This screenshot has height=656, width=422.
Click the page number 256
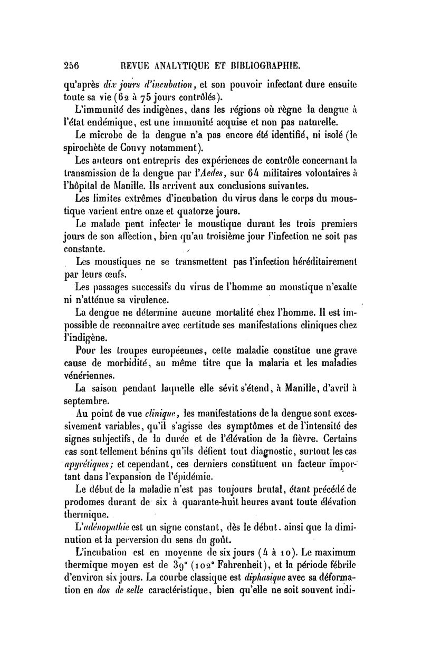[70, 66]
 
